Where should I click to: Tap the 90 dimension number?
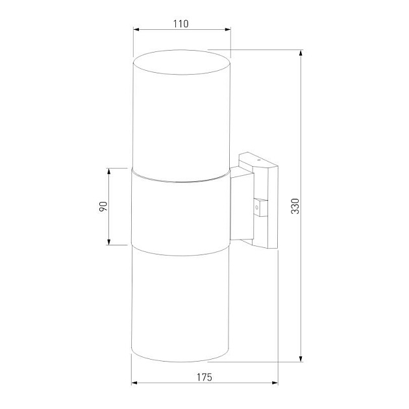102,206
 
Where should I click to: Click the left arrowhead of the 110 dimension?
136,30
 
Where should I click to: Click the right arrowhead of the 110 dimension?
228,30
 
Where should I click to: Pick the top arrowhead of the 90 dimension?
109,171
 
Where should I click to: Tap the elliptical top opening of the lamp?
182,61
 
